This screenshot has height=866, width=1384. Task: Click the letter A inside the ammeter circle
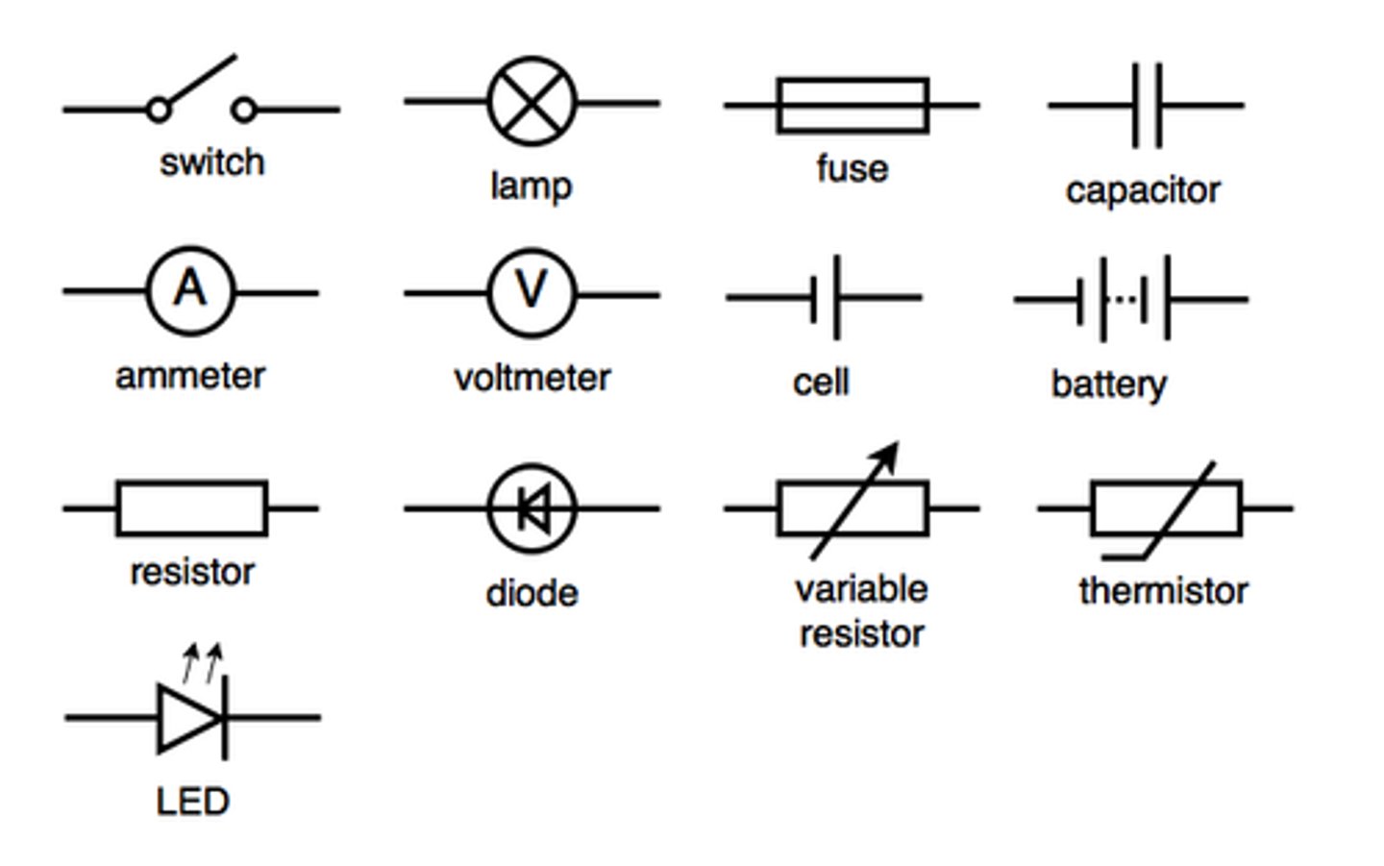pyautogui.click(x=190, y=288)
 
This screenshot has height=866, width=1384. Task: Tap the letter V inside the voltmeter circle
pyautogui.click(x=531, y=289)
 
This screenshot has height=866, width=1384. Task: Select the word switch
pyautogui.click(x=211, y=162)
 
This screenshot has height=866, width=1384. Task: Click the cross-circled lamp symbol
pyautogui.click(x=531, y=102)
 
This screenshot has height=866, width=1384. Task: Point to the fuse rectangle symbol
pyautogui.click(x=853, y=105)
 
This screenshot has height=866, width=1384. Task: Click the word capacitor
pyautogui.click(x=1142, y=190)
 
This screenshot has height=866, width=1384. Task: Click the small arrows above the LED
pyautogui.click(x=203, y=661)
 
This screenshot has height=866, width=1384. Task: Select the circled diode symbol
pyautogui.click(x=531, y=508)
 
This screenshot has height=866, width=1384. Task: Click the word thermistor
pyautogui.click(x=1163, y=591)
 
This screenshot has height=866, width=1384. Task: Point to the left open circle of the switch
pyautogui.click(x=159, y=110)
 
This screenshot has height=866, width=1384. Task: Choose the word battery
pyautogui.click(x=1108, y=384)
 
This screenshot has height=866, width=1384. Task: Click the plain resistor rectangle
pyautogui.click(x=191, y=508)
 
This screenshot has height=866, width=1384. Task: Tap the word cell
pyautogui.click(x=820, y=383)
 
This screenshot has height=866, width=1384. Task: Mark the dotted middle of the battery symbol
pyautogui.click(x=1122, y=299)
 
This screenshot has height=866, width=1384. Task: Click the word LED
pyautogui.click(x=192, y=802)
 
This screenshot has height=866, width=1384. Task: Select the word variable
pyautogui.click(x=861, y=589)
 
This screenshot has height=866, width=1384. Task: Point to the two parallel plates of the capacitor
pyautogui.click(x=1147, y=105)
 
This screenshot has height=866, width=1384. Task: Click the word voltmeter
pyautogui.click(x=531, y=378)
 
